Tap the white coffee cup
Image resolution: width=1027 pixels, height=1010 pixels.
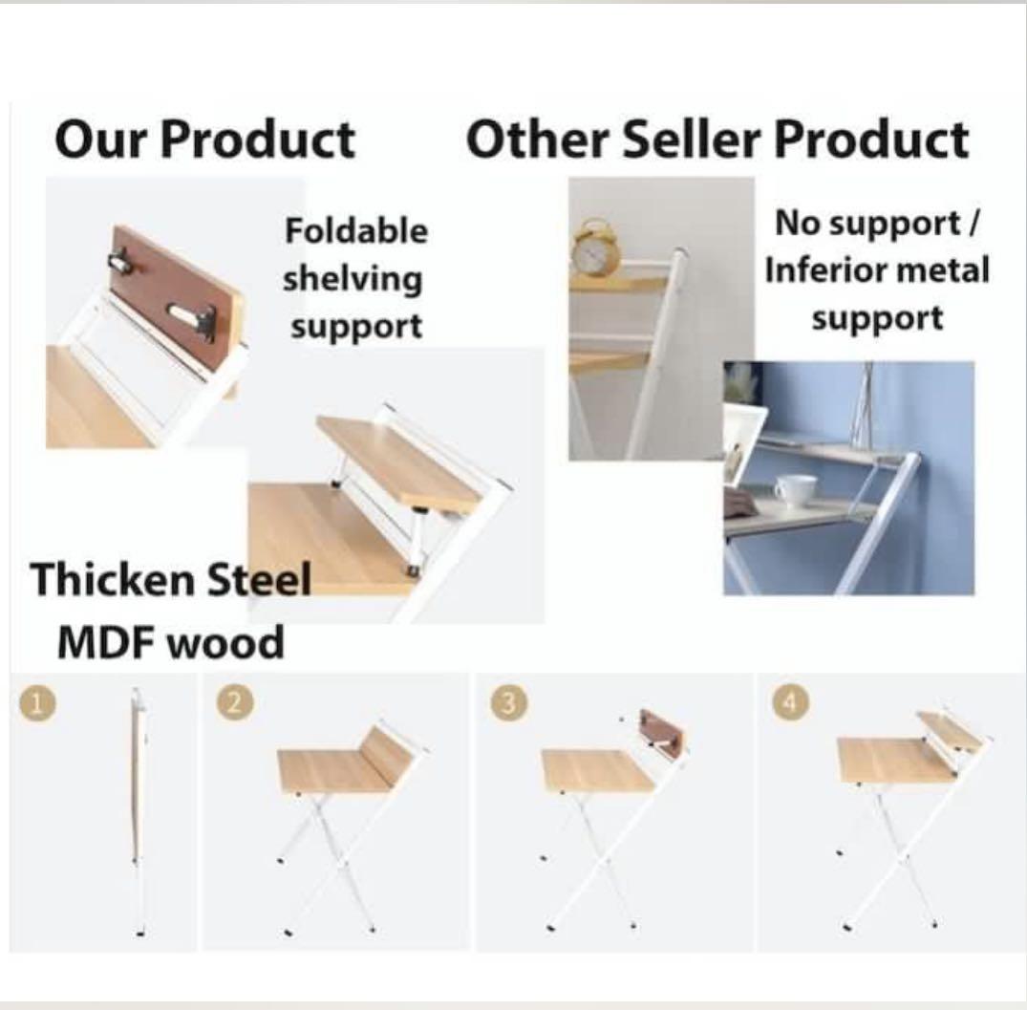point(795,490)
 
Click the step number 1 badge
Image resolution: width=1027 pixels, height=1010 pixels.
point(37,703)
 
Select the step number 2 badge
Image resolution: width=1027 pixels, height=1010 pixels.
point(235,703)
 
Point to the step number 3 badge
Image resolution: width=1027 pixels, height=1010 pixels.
point(508,703)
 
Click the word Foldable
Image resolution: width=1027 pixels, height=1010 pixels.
point(356,230)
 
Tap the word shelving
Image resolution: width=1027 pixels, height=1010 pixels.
point(353,280)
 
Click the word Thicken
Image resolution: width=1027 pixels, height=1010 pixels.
point(113,580)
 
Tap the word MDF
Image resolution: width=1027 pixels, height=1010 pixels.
point(107,642)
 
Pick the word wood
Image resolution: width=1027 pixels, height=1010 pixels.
point(226,644)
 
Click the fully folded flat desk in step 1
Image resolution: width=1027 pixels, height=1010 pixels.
point(138,811)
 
